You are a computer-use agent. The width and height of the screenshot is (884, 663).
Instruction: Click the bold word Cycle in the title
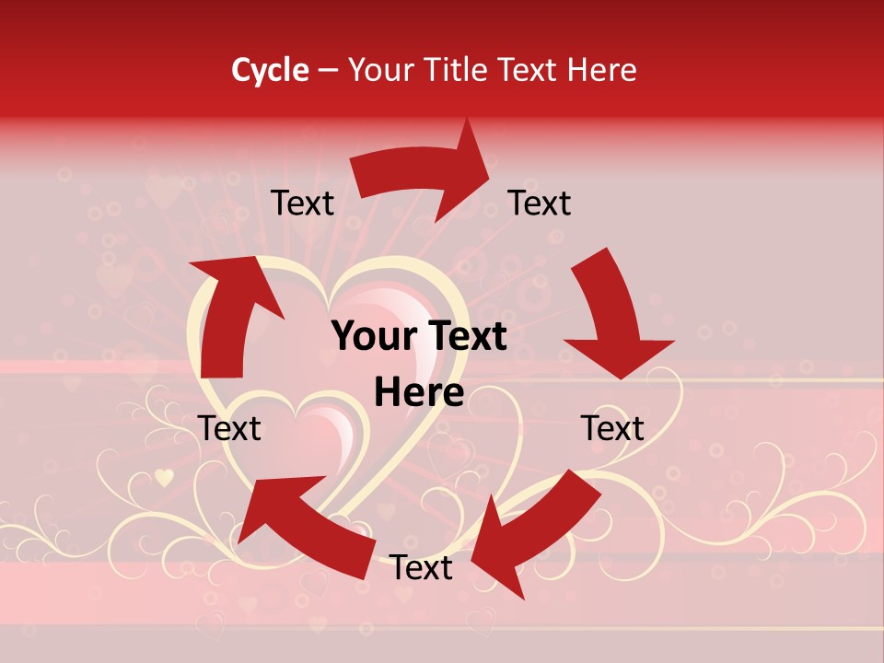[x=270, y=70]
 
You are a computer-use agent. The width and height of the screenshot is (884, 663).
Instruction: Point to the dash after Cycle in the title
[x=327, y=71]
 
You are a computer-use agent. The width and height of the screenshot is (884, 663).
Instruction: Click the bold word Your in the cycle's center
[x=373, y=337]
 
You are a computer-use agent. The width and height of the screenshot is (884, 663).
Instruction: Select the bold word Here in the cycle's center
[x=419, y=393]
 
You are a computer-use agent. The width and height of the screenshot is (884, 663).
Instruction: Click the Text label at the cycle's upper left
[x=302, y=204]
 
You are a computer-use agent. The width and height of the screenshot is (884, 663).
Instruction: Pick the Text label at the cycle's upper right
[x=540, y=204]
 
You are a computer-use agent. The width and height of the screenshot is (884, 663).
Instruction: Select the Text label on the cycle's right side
[x=612, y=428]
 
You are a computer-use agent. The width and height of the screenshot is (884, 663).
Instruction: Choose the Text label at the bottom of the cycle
[x=421, y=568]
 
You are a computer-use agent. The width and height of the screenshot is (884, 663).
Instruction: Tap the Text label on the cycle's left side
[x=229, y=428]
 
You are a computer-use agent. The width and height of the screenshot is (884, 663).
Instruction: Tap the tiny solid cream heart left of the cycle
[x=164, y=477]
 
